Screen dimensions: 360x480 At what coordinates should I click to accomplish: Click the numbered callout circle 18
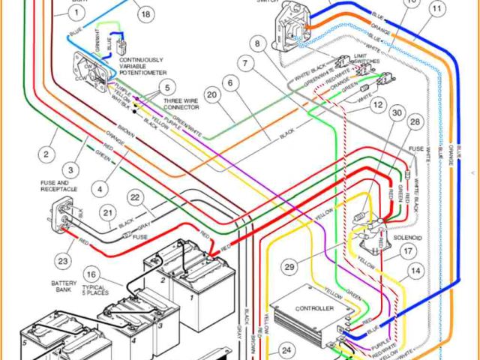pyautogui.click(x=145, y=13)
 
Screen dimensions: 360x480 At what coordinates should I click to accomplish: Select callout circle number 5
pyautogui.click(x=166, y=87)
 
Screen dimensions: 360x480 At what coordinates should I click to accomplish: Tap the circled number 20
pyautogui.click(x=212, y=95)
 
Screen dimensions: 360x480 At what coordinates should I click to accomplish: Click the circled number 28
pyautogui.click(x=415, y=121)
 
